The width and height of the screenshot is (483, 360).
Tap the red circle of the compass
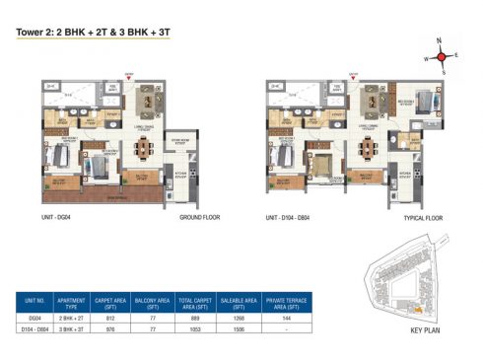click(444, 56)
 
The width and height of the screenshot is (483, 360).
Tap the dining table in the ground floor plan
click(146, 148)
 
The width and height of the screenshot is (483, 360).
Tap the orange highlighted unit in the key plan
click(417, 308)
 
